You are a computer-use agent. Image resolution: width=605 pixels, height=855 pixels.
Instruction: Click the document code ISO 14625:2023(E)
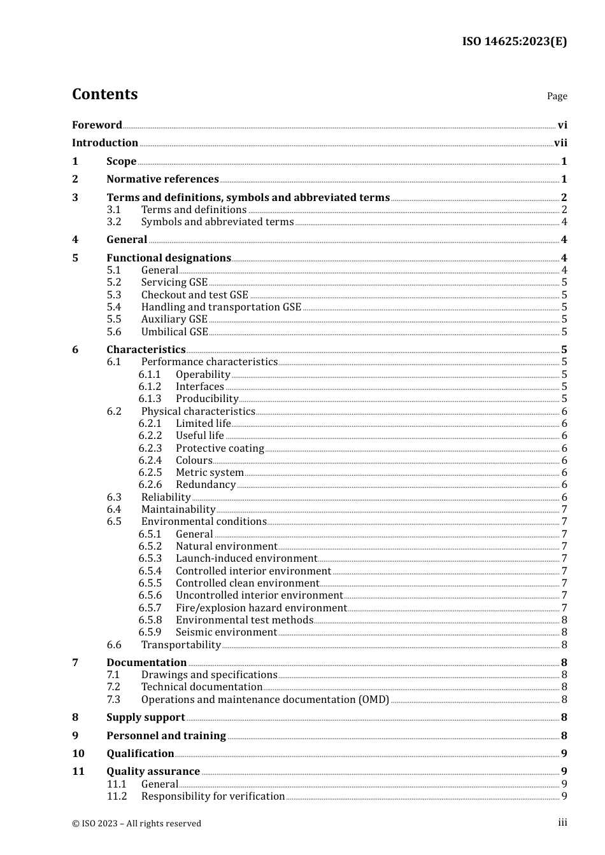point(514,41)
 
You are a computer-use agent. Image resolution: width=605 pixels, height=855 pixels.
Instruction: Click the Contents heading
point(104,94)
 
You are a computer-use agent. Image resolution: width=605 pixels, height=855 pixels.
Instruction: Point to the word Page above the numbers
point(557,96)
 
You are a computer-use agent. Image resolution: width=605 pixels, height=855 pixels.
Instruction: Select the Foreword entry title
point(97,125)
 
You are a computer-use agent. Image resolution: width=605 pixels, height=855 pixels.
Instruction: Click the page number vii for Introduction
point(560,143)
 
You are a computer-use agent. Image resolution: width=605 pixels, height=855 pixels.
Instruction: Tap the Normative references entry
point(162,179)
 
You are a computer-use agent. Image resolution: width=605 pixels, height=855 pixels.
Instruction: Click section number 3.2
point(114,222)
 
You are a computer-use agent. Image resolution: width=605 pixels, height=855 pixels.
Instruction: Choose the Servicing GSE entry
point(174,282)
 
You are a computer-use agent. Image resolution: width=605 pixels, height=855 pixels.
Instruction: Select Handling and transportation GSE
point(221,307)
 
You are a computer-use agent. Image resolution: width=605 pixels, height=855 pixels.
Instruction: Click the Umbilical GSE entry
point(174,332)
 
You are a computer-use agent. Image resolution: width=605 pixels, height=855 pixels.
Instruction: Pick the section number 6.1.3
point(150,399)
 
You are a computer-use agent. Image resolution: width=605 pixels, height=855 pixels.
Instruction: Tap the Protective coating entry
point(220,448)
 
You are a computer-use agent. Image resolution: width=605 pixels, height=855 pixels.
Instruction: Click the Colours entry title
point(194,461)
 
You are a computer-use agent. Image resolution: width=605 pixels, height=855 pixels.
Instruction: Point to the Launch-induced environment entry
point(246,559)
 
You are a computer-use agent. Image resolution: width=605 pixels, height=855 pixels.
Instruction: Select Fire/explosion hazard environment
point(261,608)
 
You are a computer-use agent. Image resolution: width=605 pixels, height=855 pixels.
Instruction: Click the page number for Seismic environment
point(564,632)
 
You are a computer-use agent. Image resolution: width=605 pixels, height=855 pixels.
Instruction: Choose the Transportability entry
point(181,645)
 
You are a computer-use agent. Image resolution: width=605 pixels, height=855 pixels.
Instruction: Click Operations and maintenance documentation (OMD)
point(265,700)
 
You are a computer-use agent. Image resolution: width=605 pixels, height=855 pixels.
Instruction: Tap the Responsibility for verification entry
point(213,796)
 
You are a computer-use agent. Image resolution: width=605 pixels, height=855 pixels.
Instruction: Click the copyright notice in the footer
point(136,824)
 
